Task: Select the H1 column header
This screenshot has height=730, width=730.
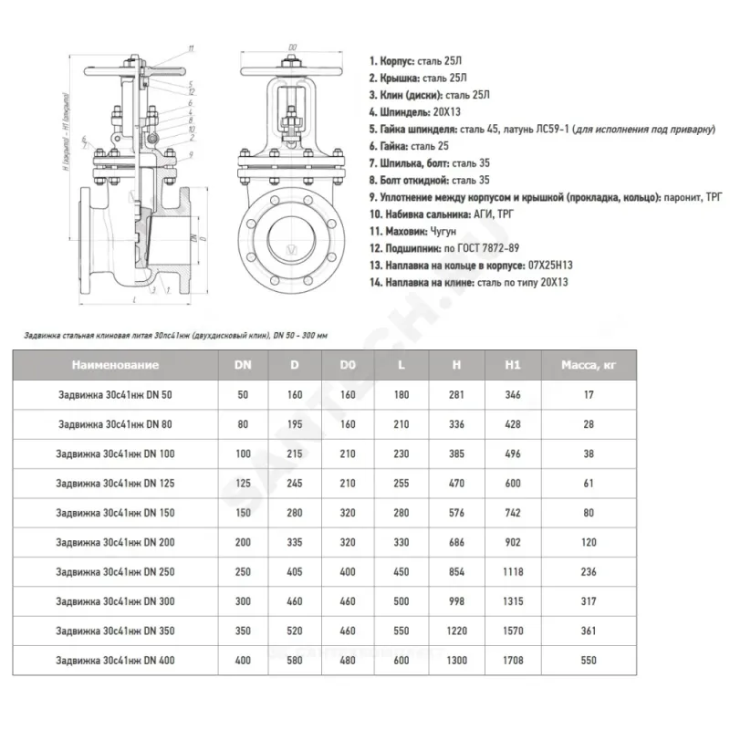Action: (x=513, y=366)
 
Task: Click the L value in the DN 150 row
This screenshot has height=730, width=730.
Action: (x=401, y=513)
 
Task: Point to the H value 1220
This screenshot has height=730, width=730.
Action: (x=456, y=631)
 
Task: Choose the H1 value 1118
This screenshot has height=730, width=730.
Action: (x=513, y=572)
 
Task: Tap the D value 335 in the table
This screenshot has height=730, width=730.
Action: (x=294, y=543)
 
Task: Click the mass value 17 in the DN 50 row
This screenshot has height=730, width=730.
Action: (x=588, y=395)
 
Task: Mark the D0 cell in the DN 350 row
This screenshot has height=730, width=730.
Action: (x=347, y=631)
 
